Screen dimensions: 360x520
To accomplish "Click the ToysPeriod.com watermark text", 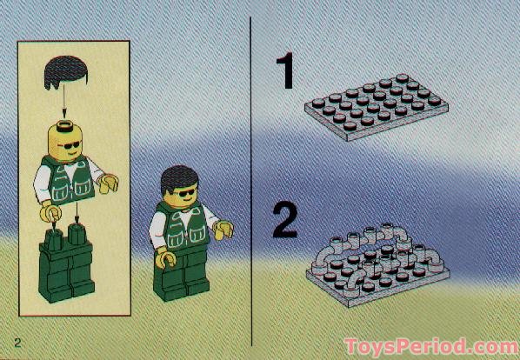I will click(x=430, y=346).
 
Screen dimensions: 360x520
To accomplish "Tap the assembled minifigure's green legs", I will click(x=183, y=277).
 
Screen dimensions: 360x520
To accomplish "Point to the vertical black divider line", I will click(x=251, y=174).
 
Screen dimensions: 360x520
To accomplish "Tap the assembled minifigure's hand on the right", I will click(x=223, y=231).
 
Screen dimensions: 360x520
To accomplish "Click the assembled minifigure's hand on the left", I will click(x=162, y=256).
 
